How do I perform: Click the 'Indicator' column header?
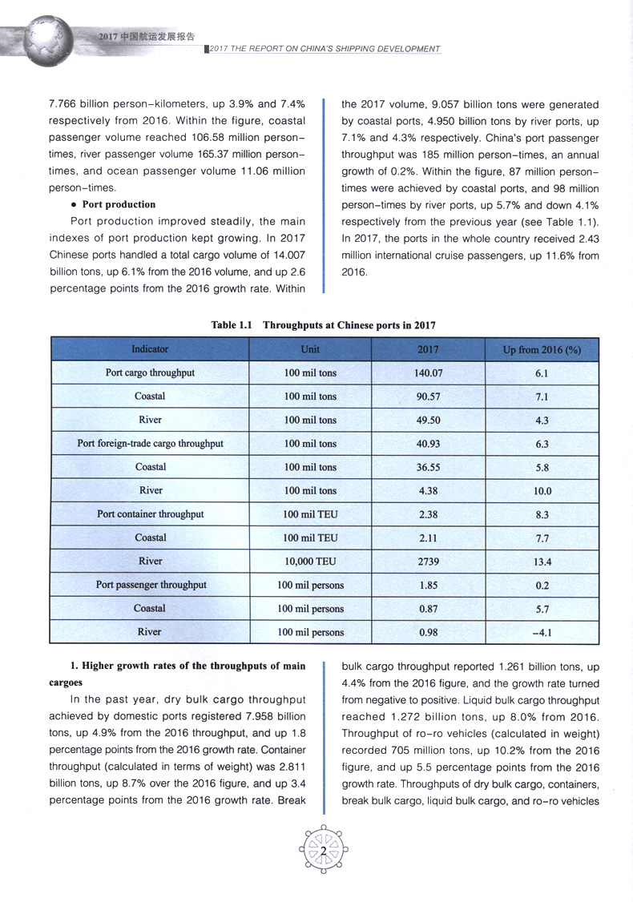pyautogui.click(x=150, y=349)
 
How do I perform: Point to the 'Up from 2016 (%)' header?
pyautogui.click(x=542, y=350)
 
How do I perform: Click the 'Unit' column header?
pyautogui.click(x=310, y=349)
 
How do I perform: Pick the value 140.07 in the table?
pyautogui.click(x=429, y=373)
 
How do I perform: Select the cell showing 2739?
pyautogui.click(x=429, y=562)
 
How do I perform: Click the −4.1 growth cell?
pyautogui.click(x=542, y=633)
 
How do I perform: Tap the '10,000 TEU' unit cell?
pyautogui.click(x=310, y=562)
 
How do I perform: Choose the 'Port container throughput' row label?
pyautogui.click(x=150, y=514)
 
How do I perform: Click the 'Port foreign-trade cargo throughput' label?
pyautogui.click(x=150, y=443)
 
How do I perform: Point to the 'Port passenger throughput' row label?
pyautogui.click(x=151, y=585)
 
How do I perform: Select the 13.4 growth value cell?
pyautogui.click(x=542, y=562)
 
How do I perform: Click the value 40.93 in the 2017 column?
pyautogui.click(x=429, y=444)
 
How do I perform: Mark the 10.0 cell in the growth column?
pyautogui.click(x=542, y=491)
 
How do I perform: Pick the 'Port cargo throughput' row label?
pyautogui.click(x=150, y=372)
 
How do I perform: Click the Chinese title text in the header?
pyautogui.click(x=146, y=36)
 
